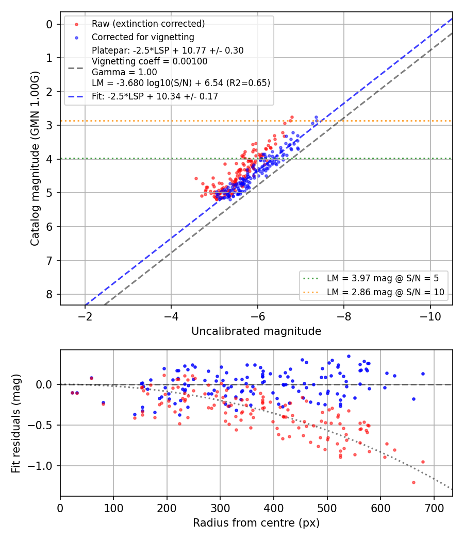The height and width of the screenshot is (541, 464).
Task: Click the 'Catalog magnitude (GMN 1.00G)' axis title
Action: [35, 159]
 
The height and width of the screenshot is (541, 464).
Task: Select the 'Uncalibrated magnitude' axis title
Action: [256, 331]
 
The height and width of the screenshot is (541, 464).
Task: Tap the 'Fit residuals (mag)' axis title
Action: [16, 424]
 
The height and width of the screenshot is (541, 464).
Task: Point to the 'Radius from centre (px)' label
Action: [256, 523]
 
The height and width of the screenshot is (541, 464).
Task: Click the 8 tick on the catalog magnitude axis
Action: [49, 294]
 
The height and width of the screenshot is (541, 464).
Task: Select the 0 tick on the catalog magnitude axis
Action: [49, 25]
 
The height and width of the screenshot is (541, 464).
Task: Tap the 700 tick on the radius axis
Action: [434, 508]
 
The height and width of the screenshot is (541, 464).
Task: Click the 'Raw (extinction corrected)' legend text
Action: [148, 24]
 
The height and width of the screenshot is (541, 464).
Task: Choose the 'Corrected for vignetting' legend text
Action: [143, 37]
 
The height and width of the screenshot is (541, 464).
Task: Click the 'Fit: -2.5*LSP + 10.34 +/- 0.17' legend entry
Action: [155, 96]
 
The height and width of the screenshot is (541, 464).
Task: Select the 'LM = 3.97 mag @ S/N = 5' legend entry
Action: [383, 278]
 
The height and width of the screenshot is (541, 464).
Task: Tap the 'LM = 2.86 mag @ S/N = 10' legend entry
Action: [385, 292]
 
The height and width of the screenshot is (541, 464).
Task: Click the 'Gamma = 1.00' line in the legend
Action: [124, 72]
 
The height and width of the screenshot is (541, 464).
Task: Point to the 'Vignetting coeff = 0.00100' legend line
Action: [150, 61]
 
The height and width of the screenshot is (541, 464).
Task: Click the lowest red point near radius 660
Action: [413, 483]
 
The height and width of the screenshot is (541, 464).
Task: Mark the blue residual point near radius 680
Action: [423, 374]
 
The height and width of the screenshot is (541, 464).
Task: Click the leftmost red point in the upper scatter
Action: [196, 179]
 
